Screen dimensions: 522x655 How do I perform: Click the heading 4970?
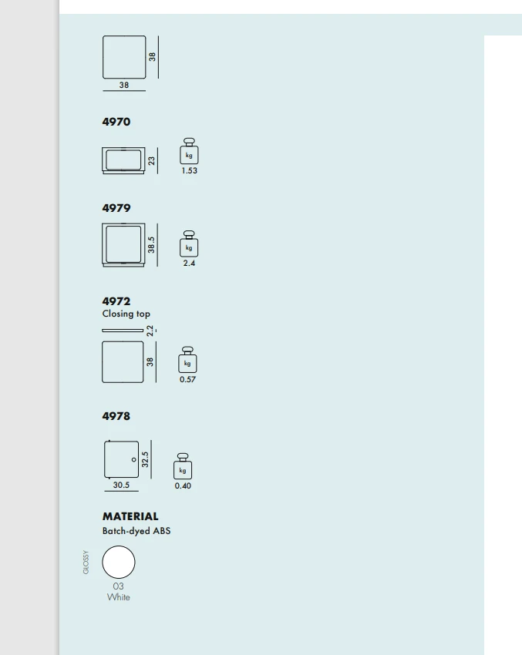coord(116,122)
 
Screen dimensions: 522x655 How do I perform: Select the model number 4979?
coord(116,208)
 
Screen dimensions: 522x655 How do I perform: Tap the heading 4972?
coord(116,301)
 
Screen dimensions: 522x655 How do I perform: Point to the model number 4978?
coord(116,416)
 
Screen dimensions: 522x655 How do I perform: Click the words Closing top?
coord(126,314)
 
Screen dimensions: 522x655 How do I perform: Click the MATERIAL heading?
coord(130,516)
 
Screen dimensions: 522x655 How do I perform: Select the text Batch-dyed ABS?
coord(136,531)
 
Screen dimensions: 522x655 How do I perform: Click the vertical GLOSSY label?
coord(86,563)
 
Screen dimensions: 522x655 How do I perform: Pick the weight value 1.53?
coord(190,170)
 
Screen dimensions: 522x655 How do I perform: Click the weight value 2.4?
coord(189,264)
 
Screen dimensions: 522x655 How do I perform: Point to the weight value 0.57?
coord(187,379)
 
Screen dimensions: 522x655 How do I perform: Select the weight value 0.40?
coord(183,485)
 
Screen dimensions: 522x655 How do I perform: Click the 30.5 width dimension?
coord(121,485)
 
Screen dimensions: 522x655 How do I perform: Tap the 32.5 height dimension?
coord(145,459)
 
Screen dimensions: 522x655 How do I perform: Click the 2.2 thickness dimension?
coord(150,331)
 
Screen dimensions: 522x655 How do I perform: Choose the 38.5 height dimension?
coord(151,245)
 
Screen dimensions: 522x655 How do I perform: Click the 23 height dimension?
coord(151,161)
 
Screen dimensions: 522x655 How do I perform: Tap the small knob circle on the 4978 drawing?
coord(133,459)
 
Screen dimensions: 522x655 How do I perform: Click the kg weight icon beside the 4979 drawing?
coord(189,244)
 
